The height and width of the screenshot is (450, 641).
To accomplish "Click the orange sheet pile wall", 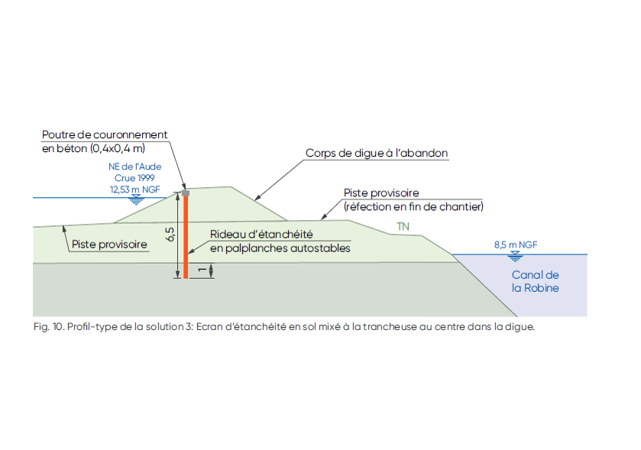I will point(185,237).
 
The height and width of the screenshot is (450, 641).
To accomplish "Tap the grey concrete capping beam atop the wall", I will point(185,193).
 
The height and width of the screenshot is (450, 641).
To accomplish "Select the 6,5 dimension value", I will point(170,234).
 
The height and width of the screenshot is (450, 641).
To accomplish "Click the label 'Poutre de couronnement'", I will point(105,134).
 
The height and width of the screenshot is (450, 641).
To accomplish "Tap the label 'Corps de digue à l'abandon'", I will point(377,153).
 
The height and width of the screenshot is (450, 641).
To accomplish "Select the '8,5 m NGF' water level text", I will point(516,244).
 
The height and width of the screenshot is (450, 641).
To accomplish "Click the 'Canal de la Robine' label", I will point(535,281).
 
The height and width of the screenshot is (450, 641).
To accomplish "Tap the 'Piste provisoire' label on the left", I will point(109,245).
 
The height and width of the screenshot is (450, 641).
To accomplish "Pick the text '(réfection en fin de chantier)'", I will point(413,206).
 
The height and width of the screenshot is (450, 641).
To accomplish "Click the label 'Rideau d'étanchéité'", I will point(261,235).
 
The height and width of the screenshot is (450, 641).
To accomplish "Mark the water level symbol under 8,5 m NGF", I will point(516,254).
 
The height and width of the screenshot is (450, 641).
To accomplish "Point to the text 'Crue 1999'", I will point(135,177).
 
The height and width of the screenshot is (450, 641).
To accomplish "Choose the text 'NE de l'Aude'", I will point(134,166).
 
